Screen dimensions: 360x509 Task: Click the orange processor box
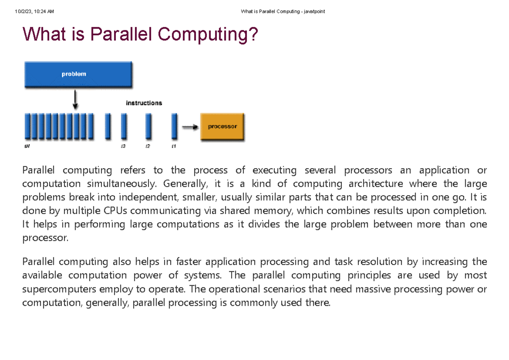coord(222,127)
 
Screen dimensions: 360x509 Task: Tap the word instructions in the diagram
coord(144,103)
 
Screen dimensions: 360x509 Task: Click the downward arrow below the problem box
coord(76,100)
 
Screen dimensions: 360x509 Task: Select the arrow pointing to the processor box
coord(190,127)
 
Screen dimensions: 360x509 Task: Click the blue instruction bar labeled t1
coord(174,126)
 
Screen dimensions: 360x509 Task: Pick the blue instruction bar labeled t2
coord(148,126)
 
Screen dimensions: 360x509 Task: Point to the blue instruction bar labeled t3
coord(123,126)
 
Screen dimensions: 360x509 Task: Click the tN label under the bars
coord(27,146)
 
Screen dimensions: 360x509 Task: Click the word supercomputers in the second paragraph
coord(56,289)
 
